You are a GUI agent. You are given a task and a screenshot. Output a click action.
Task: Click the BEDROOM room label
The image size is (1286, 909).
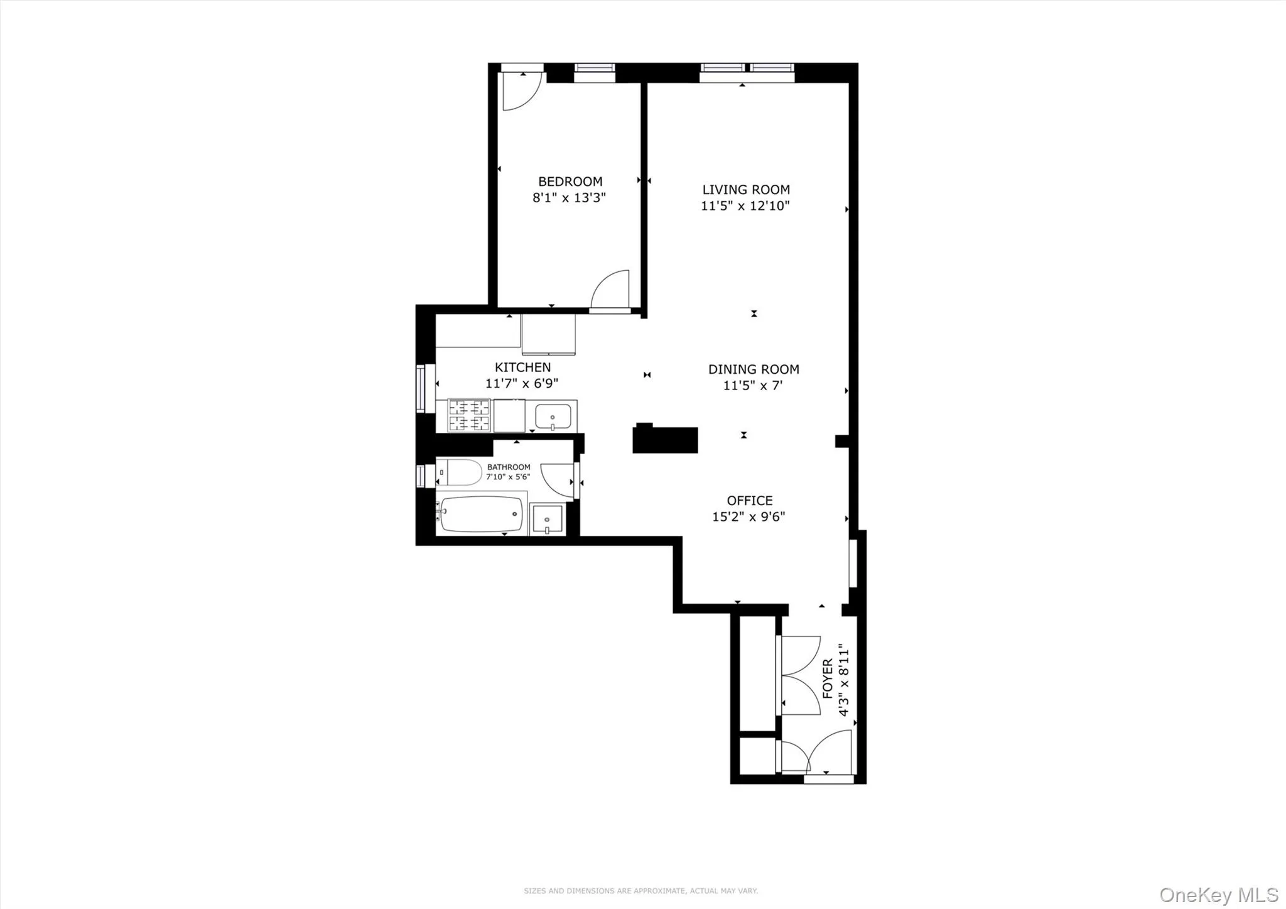click(570, 182)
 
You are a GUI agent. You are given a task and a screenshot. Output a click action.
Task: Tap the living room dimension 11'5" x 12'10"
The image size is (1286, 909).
click(745, 206)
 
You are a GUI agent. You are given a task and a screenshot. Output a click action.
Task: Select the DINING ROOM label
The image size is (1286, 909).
click(754, 369)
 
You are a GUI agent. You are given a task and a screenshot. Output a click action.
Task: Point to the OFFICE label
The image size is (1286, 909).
click(749, 501)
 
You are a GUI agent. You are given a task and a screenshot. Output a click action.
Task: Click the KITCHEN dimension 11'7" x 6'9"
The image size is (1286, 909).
click(521, 383)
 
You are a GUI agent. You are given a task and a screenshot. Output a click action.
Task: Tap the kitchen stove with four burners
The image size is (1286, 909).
click(468, 415)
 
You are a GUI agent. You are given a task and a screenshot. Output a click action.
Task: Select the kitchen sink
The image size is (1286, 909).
click(553, 416)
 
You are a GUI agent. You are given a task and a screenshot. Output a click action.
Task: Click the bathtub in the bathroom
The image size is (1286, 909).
click(481, 514)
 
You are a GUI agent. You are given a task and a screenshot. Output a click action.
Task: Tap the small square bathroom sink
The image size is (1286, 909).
click(547, 519)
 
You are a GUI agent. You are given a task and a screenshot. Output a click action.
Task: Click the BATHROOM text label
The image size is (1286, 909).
click(509, 467)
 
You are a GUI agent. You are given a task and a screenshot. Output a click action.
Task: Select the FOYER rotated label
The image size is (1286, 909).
click(828, 678)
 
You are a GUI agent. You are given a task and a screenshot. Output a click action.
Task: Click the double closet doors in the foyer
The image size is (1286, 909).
click(801, 675)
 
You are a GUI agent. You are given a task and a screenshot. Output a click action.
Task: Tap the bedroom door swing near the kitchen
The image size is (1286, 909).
click(611, 290)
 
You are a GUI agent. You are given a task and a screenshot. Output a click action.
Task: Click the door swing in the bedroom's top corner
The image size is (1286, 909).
click(521, 91)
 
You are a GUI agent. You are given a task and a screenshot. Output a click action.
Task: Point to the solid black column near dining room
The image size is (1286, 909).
click(664, 439)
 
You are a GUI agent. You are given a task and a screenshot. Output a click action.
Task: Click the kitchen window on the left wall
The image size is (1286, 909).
click(421, 388)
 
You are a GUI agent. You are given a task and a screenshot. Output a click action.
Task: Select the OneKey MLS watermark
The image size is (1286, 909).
click(1218, 895)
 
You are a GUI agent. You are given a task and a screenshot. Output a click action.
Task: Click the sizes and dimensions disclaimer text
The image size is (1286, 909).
click(640, 891)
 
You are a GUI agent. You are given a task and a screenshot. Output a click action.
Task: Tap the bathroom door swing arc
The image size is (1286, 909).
click(557, 481)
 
